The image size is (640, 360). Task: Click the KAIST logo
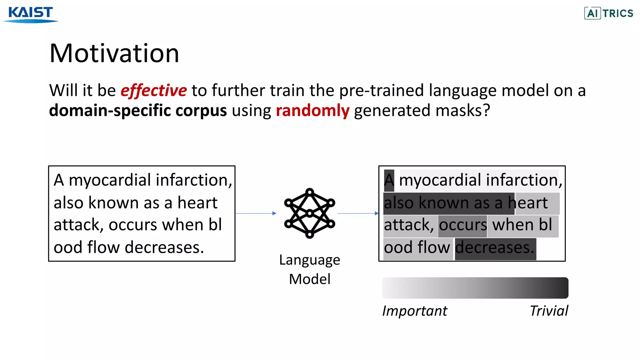point(31,14)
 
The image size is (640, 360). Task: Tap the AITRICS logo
point(608,13)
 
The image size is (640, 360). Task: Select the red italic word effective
point(154,91)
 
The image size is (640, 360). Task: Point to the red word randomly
point(312,111)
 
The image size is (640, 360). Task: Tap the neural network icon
point(309,213)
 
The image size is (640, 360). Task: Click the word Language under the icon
point(309,260)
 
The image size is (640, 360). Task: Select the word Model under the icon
point(309,279)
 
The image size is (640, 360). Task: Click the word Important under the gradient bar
point(415,311)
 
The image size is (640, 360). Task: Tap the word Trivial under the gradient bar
point(549,311)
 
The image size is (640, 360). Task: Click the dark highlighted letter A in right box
point(389,181)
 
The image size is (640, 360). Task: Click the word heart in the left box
point(197,203)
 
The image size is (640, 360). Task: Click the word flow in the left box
point(103,247)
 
